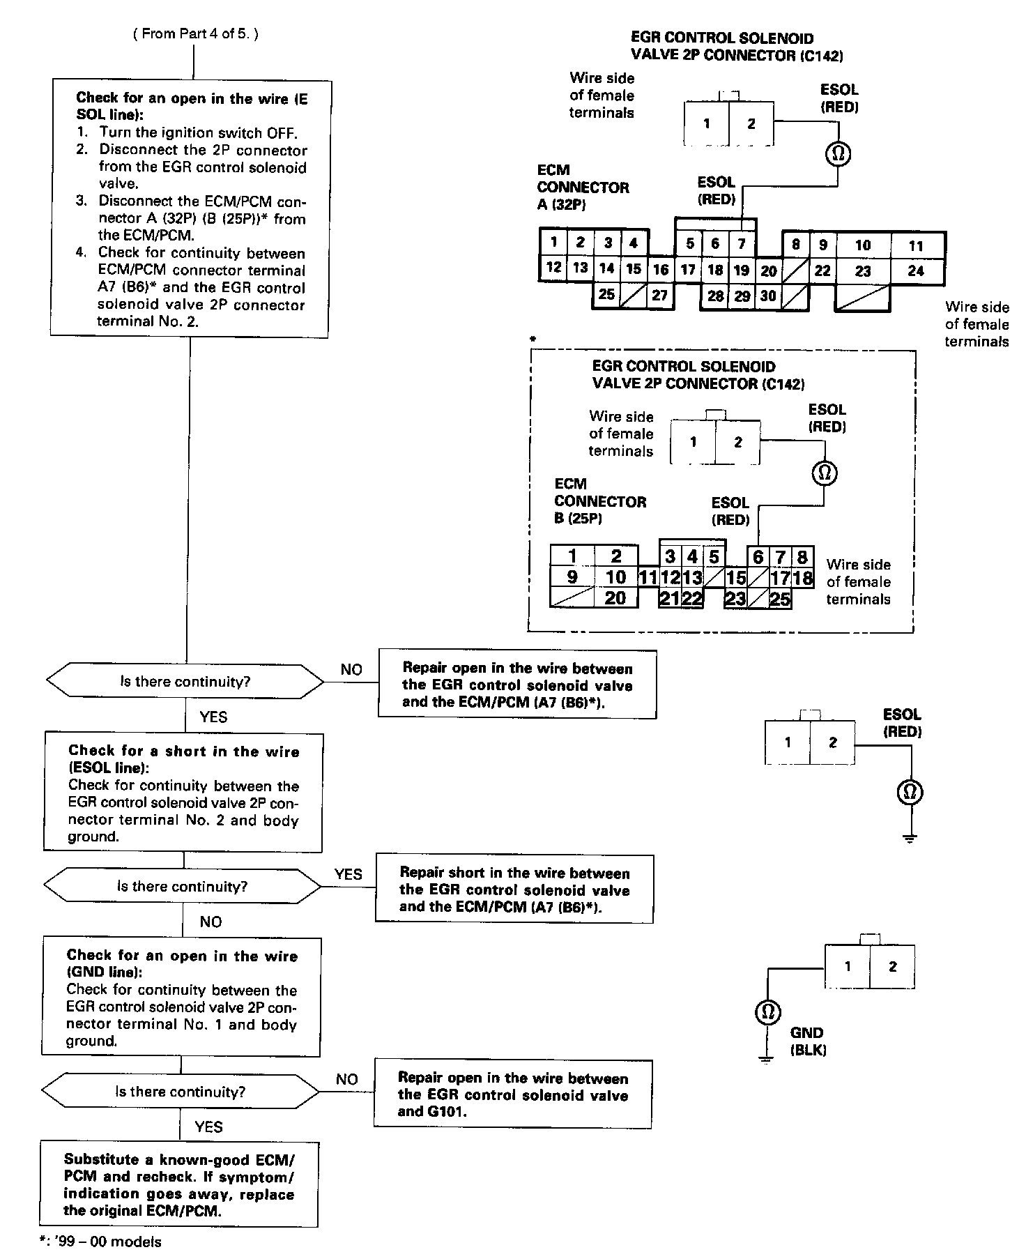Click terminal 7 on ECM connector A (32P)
[x=742, y=244]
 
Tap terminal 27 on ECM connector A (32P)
[x=659, y=295]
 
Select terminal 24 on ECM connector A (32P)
[x=916, y=271]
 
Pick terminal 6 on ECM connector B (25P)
[x=758, y=557]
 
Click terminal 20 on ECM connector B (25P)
[x=615, y=598]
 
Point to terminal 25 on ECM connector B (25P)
[x=780, y=598]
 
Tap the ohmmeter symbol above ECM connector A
[x=838, y=153]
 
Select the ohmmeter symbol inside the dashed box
[x=825, y=473]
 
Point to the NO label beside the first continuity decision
[x=351, y=669]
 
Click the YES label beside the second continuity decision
[x=348, y=874]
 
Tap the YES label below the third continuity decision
[x=209, y=1127]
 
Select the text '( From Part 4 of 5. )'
[x=195, y=33]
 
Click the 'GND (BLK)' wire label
[x=808, y=1041]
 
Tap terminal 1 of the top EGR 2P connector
[x=707, y=124]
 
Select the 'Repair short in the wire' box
[x=514, y=890]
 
